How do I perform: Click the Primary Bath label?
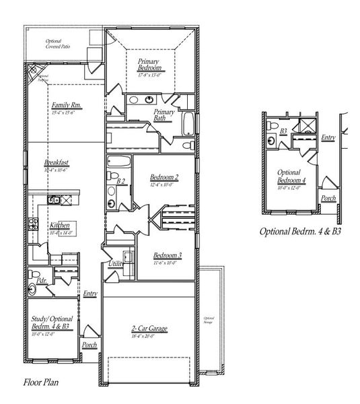pyautogui.click(x=164, y=115)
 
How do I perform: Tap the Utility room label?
pyautogui.click(x=116, y=265)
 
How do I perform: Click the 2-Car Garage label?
pyautogui.click(x=149, y=329)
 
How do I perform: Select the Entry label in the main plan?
pyautogui.click(x=89, y=294)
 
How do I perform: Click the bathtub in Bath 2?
pyautogui.click(x=120, y=163)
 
